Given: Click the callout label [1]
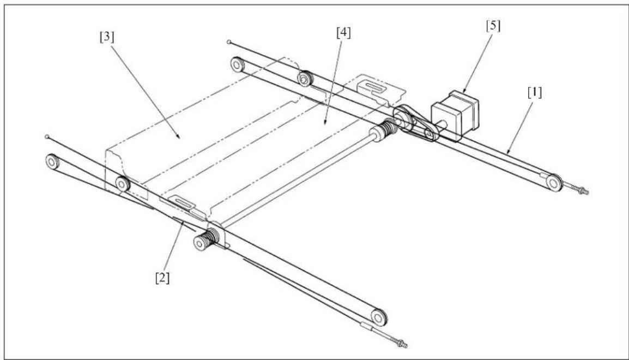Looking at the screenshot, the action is (x=534, y=93).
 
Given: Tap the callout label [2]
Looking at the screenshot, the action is (x=162, y=277).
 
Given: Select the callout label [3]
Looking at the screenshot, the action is (x=107, y=37).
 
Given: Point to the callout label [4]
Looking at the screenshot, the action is (x=343, y=33).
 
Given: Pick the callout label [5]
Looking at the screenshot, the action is (x=493, y=26).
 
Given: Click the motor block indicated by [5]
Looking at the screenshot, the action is (x=455, y=115).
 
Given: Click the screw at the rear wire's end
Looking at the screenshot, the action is (x=580, y=190).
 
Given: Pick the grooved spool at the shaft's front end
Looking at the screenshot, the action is (x=205, y=240).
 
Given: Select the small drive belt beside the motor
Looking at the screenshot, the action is (x=415, y=122).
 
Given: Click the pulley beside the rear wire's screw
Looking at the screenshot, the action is (x=554, y=183).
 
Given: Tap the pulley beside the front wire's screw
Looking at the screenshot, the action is (x=379, y=317).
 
